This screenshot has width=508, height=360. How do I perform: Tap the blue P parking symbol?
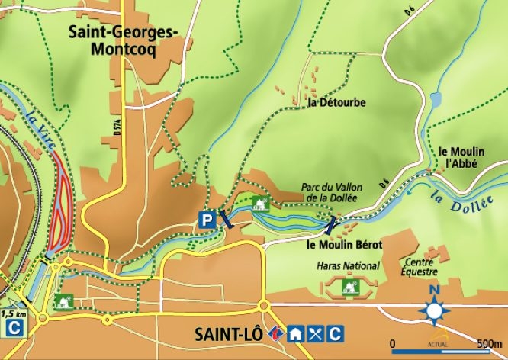pyautogui.click(x=206, y=220)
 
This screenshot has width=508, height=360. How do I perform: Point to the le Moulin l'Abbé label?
pyautogui.click(x=462, y=156)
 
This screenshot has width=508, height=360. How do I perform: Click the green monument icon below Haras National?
pyautogui.click(x=351, y=287)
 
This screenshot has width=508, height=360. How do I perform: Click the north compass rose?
pyautogui.click(x=435, y=311)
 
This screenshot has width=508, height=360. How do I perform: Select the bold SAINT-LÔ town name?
pyautogui.click(x=229, y=334)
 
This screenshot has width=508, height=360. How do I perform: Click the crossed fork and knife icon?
pyautogui.click(x=314, y=333)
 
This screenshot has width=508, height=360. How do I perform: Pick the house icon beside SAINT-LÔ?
pyautogui.click(x=295, y=333)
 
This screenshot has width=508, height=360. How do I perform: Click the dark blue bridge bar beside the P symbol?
pyautogui.click(x=226, y=220)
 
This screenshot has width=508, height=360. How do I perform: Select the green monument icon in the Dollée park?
pyautogui.click(x=259, y=203)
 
